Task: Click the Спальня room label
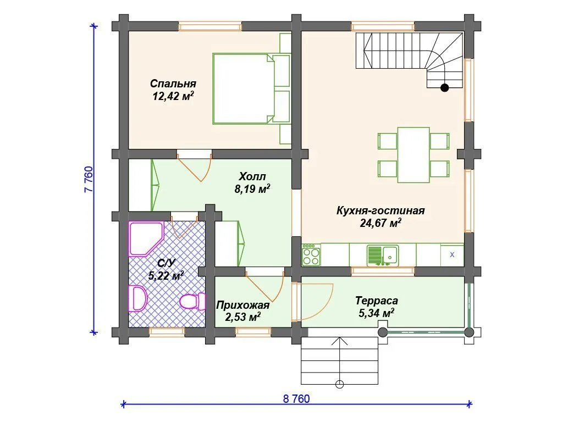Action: coord(173,84)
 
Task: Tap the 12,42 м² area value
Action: coord(173,96)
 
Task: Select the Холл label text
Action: coord(252,176)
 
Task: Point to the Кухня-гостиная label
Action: coord(380,210)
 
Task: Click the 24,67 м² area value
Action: coord(380,223)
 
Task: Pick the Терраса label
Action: coord(377,301)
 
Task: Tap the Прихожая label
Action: coord(242,306)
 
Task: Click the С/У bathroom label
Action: coord(166,264)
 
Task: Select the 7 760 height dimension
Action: coord(89,179)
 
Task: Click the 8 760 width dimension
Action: coord(296,399)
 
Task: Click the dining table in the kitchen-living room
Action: coord(413,154)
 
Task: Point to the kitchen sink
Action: coord(383,255)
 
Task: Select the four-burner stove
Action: coord(311,255)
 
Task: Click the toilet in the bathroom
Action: coord(192,301)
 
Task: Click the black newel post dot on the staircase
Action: coord(444,87)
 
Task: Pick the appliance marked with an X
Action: coord(452,255)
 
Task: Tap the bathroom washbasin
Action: coord(137,298)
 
